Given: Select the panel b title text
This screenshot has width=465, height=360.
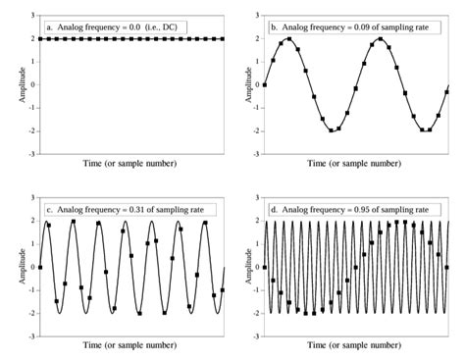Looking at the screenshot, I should pyautogui.click(x=347, y=24).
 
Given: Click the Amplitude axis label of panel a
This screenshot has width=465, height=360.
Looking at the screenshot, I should pyautogui.click(x=11, y=84).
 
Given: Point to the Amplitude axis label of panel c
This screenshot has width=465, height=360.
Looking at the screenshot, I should pyautogui.click(x=11, y=268).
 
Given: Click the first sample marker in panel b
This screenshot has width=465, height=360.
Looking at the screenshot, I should pyautogui.click(x=264, y=84).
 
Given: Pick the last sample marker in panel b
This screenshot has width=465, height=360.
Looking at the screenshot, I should pyautogui.click(x=446, y=90).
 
